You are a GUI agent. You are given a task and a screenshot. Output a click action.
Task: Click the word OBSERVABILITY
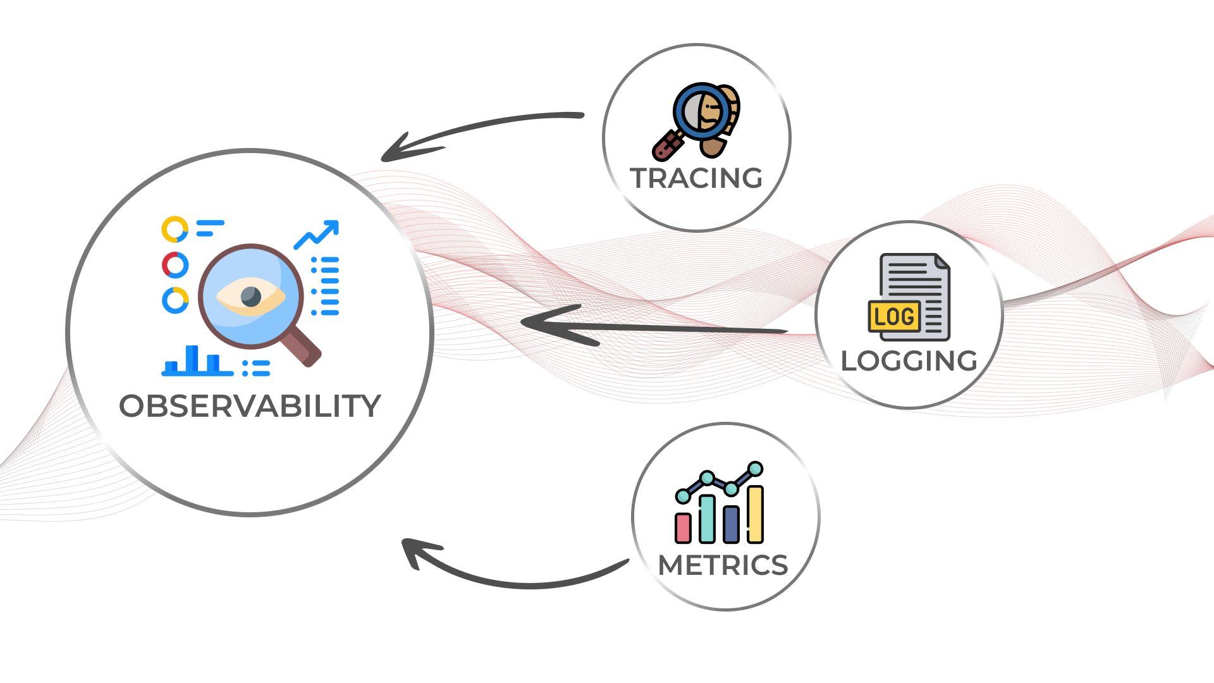coord(250,406)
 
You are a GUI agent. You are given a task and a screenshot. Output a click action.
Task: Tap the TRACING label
coord(696,178)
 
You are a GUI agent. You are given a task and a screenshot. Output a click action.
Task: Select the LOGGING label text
coord(909,361)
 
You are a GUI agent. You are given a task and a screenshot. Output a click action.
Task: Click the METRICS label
coord(723,565)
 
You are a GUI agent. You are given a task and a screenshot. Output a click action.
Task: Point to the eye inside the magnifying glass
coord(250,296)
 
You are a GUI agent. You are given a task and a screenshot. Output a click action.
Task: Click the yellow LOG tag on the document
coord(894,316)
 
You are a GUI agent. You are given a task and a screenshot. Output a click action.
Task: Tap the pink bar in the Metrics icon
coord(683,528)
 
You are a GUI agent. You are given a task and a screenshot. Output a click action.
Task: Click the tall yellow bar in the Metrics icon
coord(755,514)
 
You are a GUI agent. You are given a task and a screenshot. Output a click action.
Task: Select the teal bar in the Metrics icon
coord(707,519)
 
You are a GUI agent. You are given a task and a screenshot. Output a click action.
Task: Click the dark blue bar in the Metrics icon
coord(731,524)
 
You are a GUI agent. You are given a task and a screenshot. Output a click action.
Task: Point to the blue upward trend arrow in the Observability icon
coord(317,234)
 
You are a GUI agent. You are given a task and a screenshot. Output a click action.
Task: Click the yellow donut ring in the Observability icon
coord(175,230)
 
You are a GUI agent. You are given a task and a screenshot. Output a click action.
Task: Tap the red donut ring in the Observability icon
coord(175,265)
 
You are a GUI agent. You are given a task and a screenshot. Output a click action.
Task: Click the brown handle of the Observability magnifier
coord(303,348)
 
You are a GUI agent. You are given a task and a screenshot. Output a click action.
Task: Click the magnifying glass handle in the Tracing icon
coord(667,145)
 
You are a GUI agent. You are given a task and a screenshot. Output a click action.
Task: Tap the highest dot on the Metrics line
coord(755,469)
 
